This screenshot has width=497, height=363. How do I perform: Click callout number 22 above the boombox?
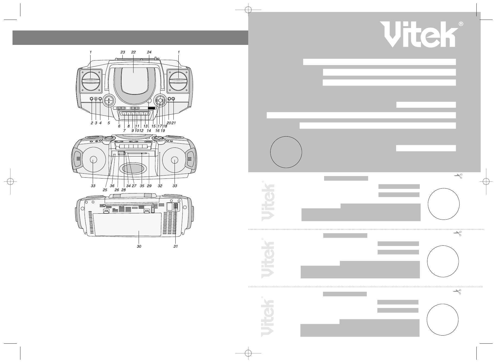tap(133, 52)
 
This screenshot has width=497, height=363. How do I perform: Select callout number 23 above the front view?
tap(123, 52)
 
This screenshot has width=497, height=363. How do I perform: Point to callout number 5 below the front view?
tap(109, 123)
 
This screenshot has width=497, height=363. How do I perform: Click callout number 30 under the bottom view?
tap(139, 247)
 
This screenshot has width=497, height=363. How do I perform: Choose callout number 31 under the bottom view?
tap(176, 247)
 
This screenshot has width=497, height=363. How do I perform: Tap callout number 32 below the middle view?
tap(160, 186)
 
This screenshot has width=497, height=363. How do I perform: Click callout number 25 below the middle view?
tap(105, 190)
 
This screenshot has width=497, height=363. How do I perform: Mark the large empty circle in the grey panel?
tap(286, 152)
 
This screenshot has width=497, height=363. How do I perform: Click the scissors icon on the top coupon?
tap(458, 176)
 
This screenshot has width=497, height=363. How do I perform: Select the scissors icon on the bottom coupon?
tap(457, 292)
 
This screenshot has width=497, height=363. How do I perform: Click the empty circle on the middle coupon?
tap(443, 261)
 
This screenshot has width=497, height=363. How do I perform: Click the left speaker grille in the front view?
tap(91, 81)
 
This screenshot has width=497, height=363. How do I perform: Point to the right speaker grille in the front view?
tap(178, 81)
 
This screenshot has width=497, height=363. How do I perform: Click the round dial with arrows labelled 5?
tap(109, 100)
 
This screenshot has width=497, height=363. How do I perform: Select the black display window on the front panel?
tap(151, 108)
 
